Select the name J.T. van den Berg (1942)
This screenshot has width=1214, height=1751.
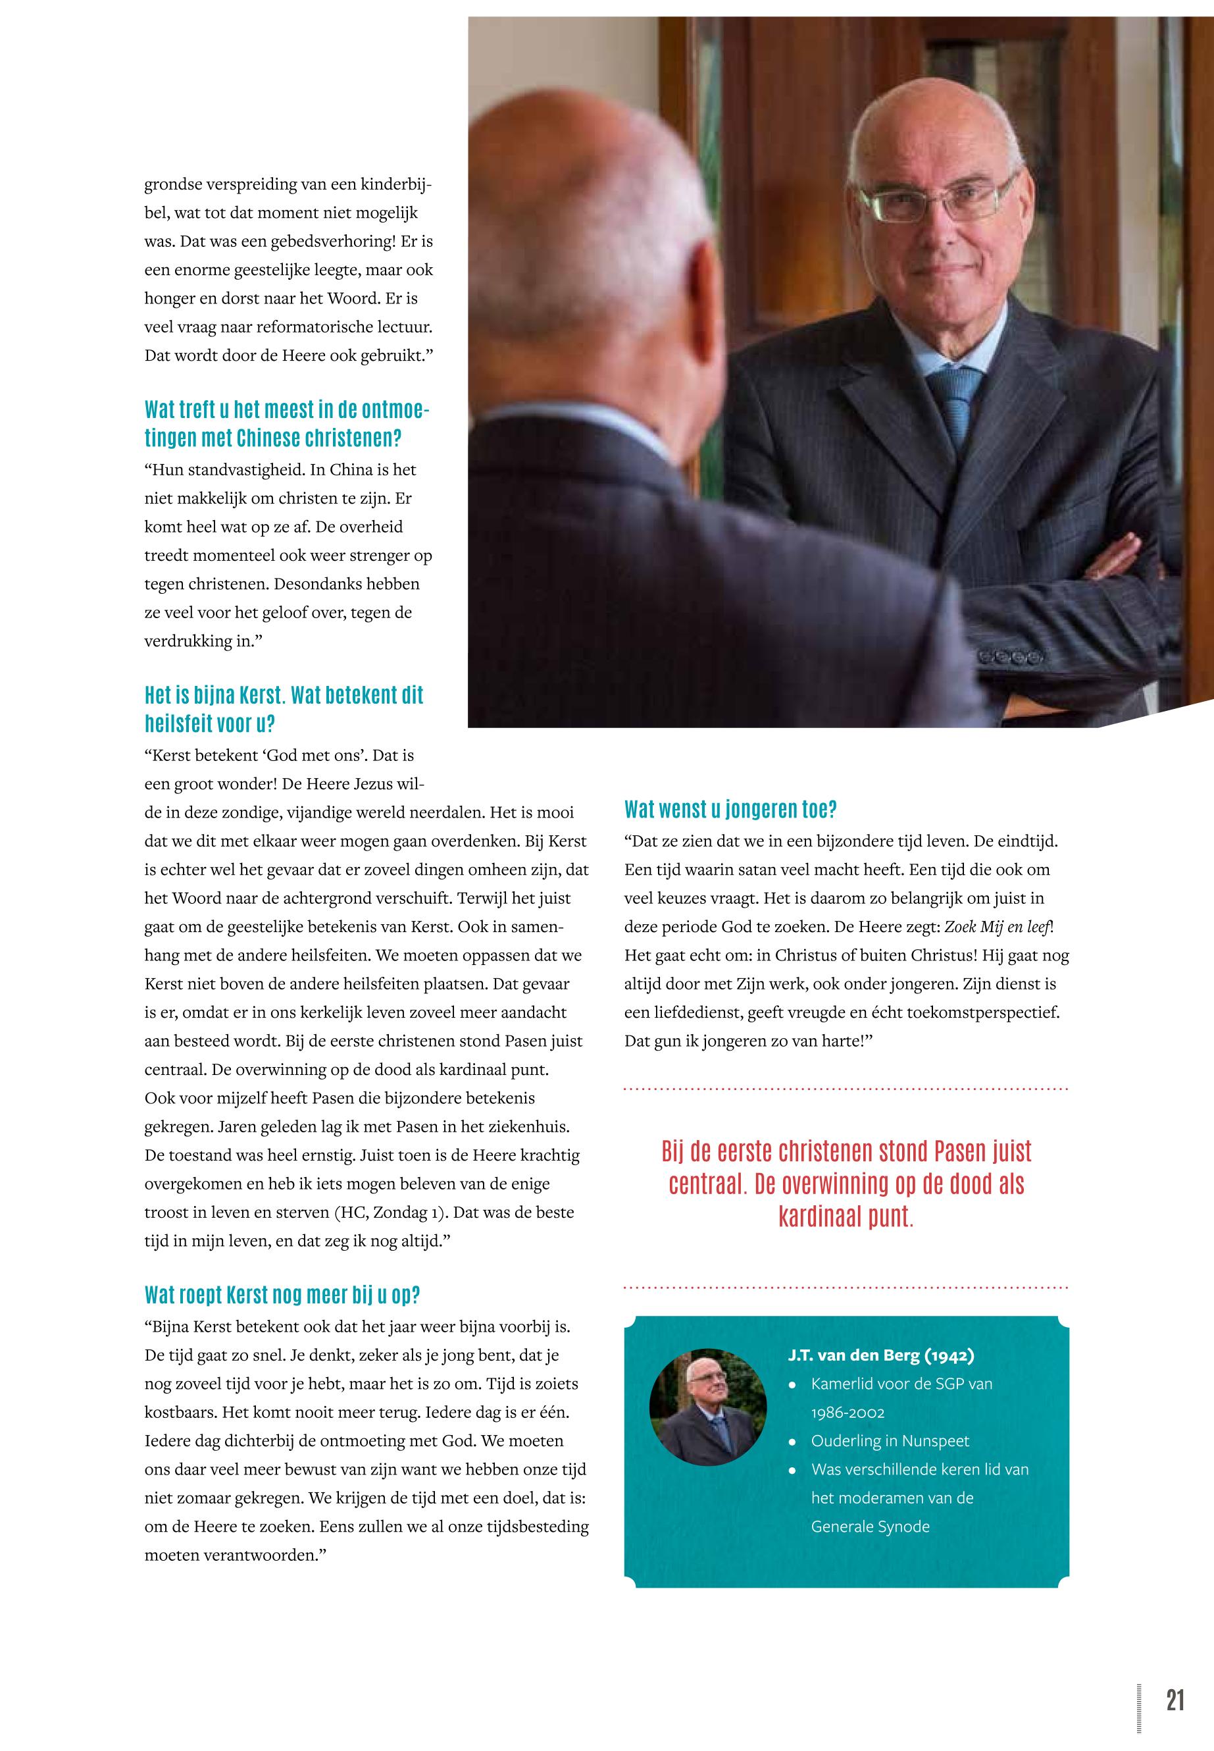[x=881, y=1355]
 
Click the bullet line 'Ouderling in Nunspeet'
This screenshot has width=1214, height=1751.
[x=890, y=1440]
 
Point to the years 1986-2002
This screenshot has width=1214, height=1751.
[x=847, y=1413]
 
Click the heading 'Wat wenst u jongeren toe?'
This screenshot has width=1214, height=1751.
[x=730, y=810]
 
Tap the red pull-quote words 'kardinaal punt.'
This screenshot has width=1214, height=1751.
[x=846, y=1216]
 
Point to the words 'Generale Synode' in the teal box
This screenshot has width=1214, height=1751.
[x=870, y=1526]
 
